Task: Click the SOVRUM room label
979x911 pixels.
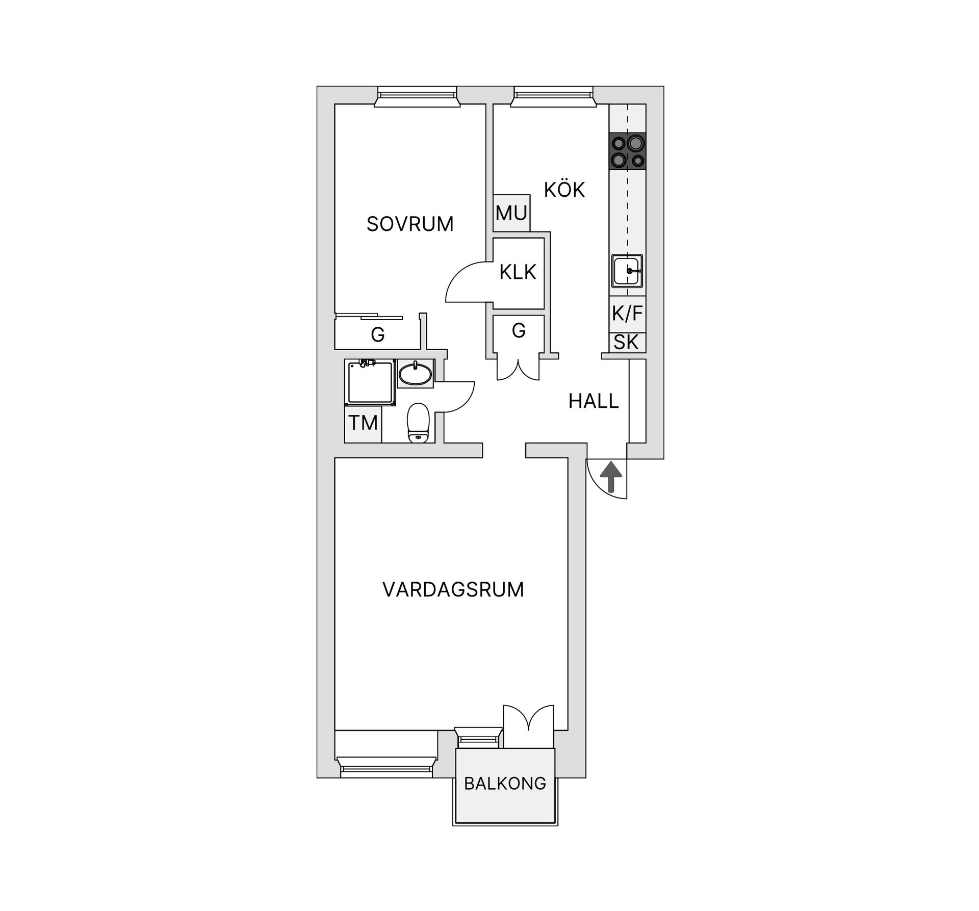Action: pos(410,224)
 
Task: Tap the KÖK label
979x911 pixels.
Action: pos(564,190)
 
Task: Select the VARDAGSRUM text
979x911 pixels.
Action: pos(453,589)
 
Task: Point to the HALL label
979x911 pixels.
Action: pos(594,402)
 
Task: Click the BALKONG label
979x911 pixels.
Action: pos(505,783)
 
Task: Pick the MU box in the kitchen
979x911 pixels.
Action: pos(511,213)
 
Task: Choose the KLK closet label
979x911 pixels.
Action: pos(518,273)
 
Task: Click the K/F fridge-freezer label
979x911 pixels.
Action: pos(627,314)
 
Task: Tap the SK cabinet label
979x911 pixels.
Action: pos(626,343)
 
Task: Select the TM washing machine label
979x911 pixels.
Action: pos(363,423)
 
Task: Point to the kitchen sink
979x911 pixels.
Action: pos(627,271)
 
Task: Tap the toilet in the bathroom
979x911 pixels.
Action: pos(419,422)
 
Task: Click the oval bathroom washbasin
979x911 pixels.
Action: pos(415,375)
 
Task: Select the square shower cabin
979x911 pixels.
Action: pos(371,382)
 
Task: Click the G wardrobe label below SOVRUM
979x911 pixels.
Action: pos(378,335)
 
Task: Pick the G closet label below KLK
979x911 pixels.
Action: pos(519,331)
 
